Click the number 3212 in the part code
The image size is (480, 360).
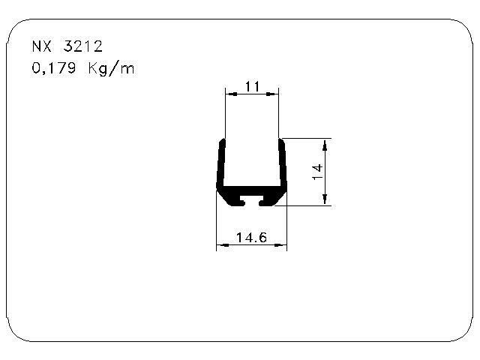click(82, 46)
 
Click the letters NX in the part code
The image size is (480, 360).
click(42, 46)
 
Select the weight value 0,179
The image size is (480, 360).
click(53, 68)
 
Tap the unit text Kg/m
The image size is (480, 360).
click(111, 68)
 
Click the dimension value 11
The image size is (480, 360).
click(252, 87)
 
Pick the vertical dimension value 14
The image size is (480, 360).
click(317, 172)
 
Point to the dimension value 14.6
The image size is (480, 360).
click(251, 238)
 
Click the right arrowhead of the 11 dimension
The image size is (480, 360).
click(273, 94)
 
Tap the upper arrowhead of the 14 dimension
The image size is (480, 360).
click(325, 145)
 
